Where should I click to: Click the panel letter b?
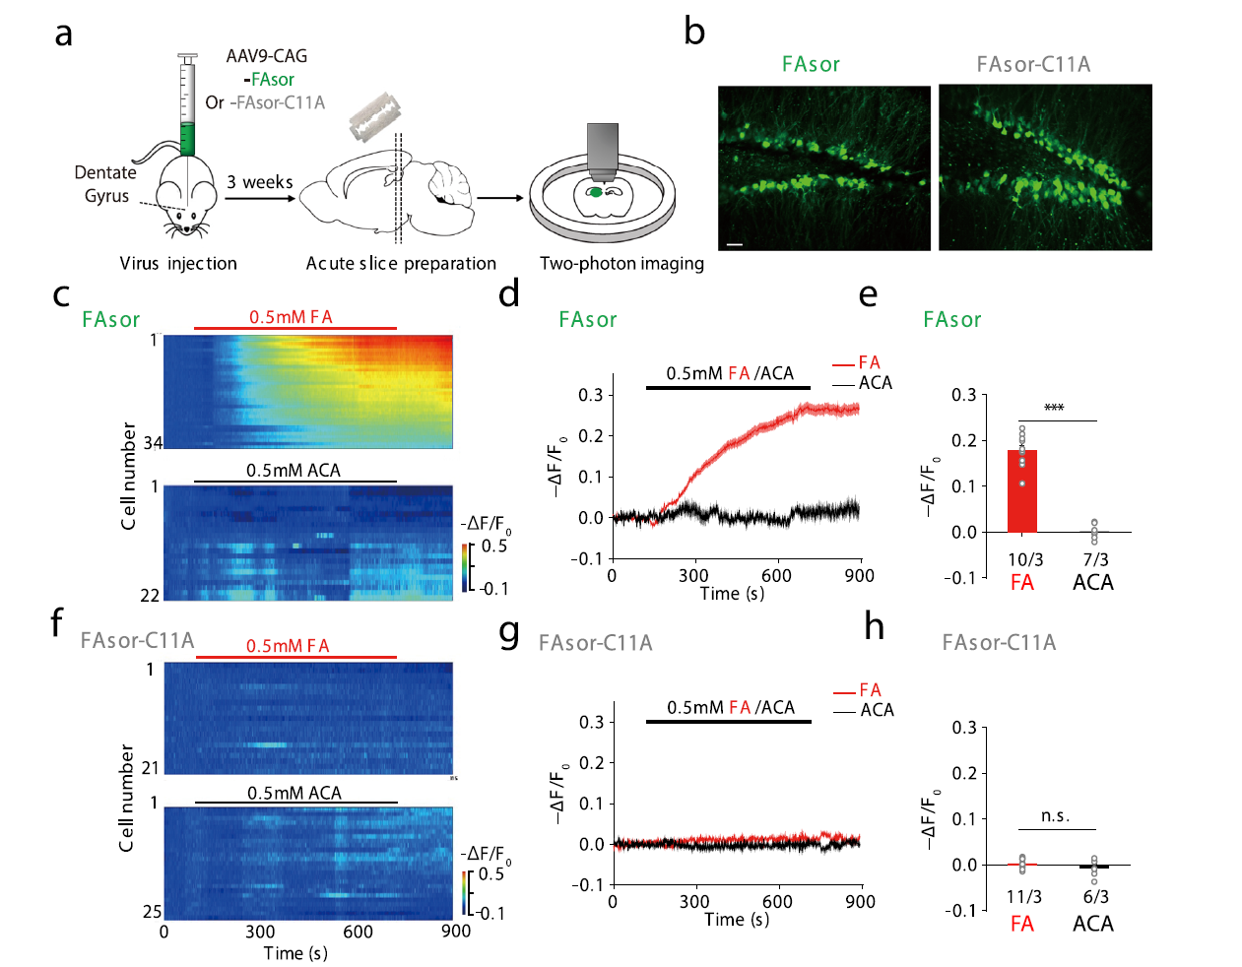click(x=694, y=32)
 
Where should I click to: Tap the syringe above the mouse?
click(x=186, y=103)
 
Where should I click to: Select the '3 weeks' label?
click(x=259, y=182)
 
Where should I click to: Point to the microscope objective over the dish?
click(x=602, y=151)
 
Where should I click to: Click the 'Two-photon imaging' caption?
click(x=621, y=263)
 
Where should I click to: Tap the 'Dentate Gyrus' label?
click(x=105, y=184)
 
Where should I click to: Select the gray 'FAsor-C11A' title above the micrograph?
click(x=1033, y=65)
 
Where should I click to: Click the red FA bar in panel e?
click(x=1022, y=491)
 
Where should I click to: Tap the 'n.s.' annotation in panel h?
click(x=1055, y=816)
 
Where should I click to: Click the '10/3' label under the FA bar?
click(x=1024, y=559)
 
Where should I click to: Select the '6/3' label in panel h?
click(x=1095, y=896)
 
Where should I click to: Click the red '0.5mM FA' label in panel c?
click(x=291, y=317)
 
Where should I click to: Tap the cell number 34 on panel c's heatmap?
click(x=153, y=443)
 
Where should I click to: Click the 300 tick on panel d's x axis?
click(x=693, y=575)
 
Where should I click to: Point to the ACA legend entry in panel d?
click(x=874, y=383)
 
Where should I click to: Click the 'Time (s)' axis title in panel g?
click(x=737, y=919)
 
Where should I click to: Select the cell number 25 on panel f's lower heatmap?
click(x=152, y=911)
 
